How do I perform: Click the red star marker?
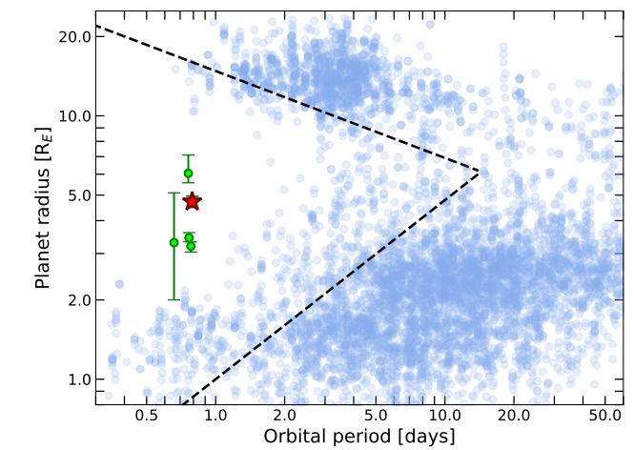[x=193, y=201]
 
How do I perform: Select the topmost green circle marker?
[x=189, y=173]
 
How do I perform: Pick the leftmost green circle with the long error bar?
[x=174, y=242]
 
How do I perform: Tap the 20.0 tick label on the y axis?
[x=74, y=36]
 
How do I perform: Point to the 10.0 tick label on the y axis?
[x=74, y=116]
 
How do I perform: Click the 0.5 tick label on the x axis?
[x=147, y=417]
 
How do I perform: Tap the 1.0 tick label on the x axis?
[x=215, y=417]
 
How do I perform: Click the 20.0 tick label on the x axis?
[x=513, y=417]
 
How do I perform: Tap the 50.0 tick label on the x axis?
[x=604, y=417]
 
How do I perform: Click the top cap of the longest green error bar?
[x=174, y=194]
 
